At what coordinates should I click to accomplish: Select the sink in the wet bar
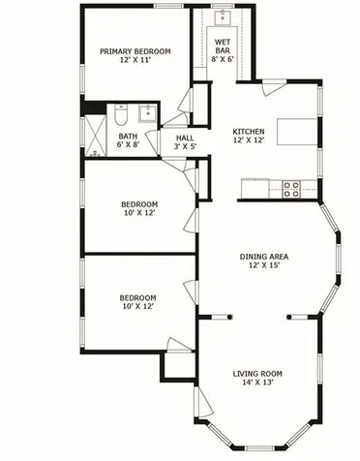click(x=223, y=16)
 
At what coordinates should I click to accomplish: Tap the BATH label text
click(x=128, y=137)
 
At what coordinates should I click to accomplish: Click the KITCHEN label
click(x=249, y=132)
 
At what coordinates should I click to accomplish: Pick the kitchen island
click(x=296, y=131)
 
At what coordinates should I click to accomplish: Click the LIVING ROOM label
click(x=257, y=374)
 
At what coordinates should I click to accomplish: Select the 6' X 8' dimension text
click(x=128, y=146)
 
